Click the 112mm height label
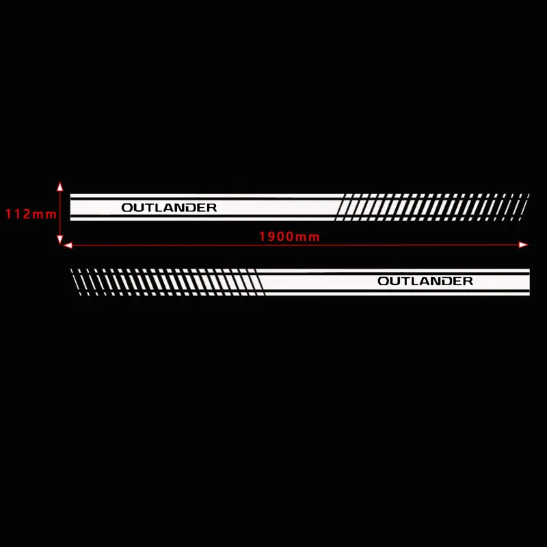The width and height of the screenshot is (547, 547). [31, 214]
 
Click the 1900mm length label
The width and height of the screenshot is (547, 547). [289, 237]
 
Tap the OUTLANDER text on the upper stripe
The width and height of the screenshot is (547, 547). [169, 208]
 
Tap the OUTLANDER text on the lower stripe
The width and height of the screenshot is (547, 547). [425, 281]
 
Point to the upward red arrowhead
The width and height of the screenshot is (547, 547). [60, 186]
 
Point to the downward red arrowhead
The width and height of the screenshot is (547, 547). [60, 240]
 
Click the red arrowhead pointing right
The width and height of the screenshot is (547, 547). [523, 245]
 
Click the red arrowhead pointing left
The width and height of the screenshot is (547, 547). [68, 245]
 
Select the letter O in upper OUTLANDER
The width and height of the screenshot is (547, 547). [127, 208]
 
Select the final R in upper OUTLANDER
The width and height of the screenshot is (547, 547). [211, 208]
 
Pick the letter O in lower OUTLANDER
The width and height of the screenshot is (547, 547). [384, 281]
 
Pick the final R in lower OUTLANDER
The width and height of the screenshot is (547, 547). [468, 281]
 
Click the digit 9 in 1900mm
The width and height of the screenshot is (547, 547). [271, 237]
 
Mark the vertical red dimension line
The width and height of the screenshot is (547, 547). [60, 213]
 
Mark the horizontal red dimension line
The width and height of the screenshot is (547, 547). [296, 245]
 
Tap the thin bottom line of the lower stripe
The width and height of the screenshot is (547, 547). [397, 294]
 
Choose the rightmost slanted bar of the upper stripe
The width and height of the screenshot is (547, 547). [524, 207]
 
